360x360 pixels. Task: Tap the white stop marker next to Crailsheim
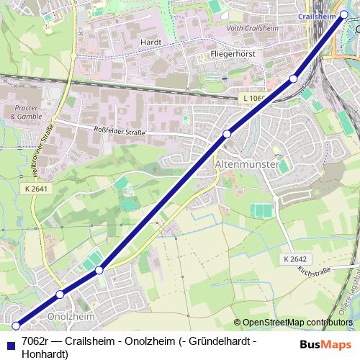pos(344,14)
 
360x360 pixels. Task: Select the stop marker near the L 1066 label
pos(293,78)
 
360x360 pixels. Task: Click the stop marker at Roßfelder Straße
pos(227,133)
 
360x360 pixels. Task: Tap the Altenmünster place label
pos(247,164)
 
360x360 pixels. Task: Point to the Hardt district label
pos(151,42)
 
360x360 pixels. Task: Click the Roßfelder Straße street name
pos(120,131)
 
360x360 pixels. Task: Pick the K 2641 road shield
pos(35,189)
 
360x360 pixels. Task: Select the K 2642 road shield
pos(294,258)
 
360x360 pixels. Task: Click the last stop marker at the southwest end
pos(16,326)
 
